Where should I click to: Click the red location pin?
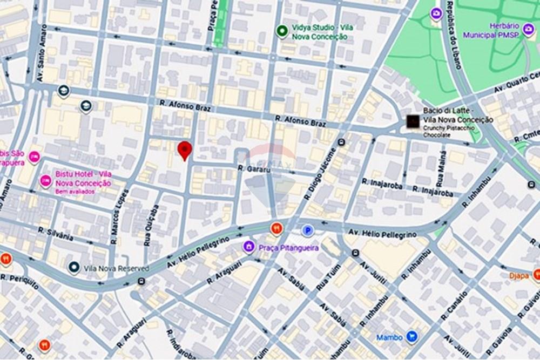click(x=185, y=150)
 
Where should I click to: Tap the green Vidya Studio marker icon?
click(x=281, y=31)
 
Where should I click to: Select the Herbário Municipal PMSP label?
click(x=504, y=30)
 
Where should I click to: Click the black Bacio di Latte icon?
click(x=413, y=122)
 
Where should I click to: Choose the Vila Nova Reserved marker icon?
click(x=74, y=267)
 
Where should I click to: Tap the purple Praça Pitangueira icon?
click(x=248, y=247)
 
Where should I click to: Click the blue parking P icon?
click(x=307, y=230)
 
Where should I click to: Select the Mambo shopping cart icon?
click(x=412, y=337)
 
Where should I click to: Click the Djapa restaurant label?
click(x=518, y=275)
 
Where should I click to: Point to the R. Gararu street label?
click(x=253, y=169)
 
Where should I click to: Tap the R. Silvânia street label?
click(x=55, y=233)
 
